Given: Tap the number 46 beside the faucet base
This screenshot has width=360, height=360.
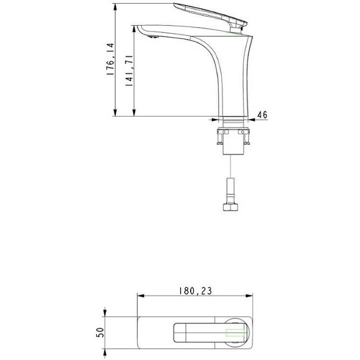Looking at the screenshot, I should click(262, 115).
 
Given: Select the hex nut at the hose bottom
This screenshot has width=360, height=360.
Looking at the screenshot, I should click(231, 207).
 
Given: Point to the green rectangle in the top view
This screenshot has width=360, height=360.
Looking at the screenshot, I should click(235, 333).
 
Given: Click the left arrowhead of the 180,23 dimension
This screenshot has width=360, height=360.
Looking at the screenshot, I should click(140, 296).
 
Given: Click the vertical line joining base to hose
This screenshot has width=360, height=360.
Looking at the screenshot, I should click(231, 166).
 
